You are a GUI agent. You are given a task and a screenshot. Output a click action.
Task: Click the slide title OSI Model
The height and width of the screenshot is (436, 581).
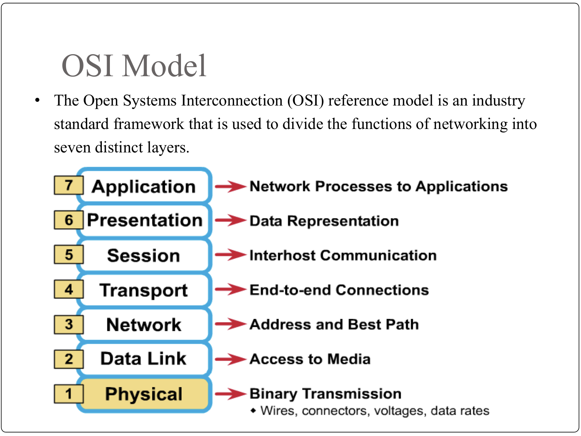pyautogui.click(x=134, y=65)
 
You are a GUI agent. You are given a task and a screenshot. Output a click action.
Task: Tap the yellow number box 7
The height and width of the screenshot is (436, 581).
pyautogui.click(x=69, y=185)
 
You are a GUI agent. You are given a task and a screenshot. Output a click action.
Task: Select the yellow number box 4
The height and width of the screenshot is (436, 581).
pyautogui.click(x=69, y=289)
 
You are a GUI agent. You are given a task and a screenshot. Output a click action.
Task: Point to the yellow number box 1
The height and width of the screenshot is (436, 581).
pyautogui.click(x=69, y=393)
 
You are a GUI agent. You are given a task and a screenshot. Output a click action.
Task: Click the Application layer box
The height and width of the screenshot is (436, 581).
pyautogui.click(x=144, y=186)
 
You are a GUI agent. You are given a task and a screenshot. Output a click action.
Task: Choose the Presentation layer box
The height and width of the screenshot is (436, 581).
pyautogui.click(x=144, y=221)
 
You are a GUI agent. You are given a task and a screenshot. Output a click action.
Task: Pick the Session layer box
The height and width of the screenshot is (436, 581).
pyautogui.click(x=144, y=255)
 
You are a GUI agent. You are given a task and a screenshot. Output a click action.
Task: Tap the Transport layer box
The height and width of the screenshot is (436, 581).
pyautogui.click(x=144, y=290)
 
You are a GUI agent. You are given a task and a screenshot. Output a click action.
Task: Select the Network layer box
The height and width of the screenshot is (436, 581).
pyautogui.click(x=144, y=325)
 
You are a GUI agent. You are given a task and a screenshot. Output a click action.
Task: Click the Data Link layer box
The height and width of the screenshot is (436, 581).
pyautogui.click(x=144, y=359)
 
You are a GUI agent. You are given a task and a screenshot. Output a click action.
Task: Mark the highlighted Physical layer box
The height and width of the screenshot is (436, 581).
pyautogui.click(x=144, y=394)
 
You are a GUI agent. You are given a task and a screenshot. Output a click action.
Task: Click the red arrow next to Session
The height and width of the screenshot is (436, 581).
pyautogui.click(x=230, y=255)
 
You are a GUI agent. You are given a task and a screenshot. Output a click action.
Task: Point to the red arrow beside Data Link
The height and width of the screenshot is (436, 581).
pyautogui.click(x=230, y=359)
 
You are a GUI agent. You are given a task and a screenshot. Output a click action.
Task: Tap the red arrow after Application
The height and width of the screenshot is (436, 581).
pyautogui.click(x=230, y=186)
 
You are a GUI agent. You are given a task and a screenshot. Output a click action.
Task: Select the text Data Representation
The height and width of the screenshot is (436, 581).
pyautogui.click(x=324, y=221)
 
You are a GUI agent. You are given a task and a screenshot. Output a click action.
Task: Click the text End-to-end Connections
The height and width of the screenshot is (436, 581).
pyautogui.click(x=339, y=289)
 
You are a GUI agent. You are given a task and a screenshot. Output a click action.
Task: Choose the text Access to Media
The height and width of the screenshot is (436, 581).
pyautogui.click(x=310, y=359)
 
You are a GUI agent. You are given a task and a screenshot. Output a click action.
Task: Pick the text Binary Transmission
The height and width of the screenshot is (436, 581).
pyautogui.click(x=326, y=393)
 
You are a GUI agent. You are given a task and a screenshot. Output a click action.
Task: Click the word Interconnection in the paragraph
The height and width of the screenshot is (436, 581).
pyautogui.click(x=232, y=101)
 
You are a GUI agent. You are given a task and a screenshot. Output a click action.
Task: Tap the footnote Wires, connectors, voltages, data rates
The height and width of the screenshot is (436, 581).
pyautogui.click(x=375, y=411)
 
